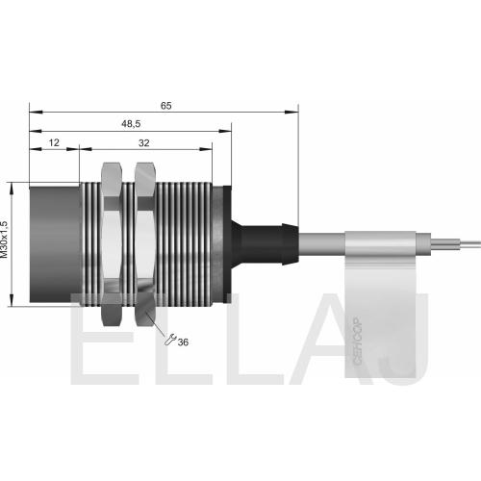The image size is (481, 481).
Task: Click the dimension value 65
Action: pos(166,106)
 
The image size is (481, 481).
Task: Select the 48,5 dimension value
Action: pos(131,124)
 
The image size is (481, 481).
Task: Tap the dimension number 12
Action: pos(54,142)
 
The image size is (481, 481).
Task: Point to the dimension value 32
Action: pos(144,143)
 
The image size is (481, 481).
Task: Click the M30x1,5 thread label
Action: pos(4,240)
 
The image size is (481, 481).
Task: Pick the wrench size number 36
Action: pos(183,342)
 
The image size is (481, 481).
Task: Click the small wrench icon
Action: pos(170,340)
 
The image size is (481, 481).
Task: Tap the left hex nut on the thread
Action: pos(112,244)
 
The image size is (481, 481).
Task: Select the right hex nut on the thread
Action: pos(145,244)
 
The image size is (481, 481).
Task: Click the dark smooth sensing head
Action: pos(55,244)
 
